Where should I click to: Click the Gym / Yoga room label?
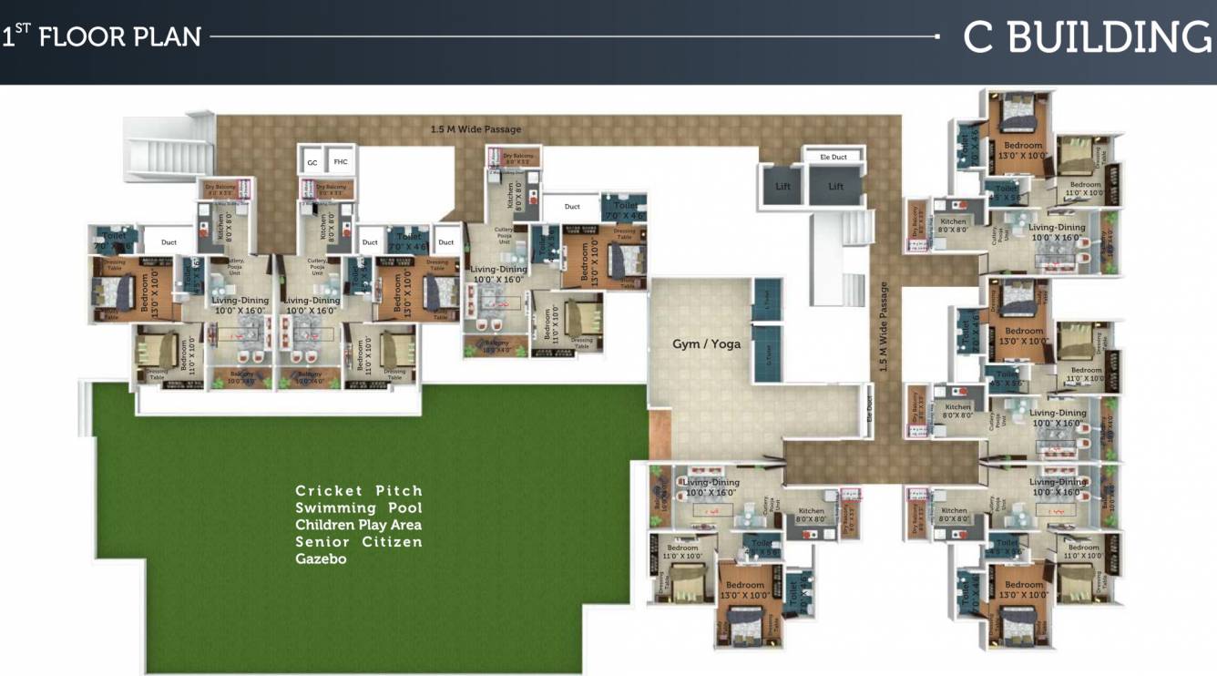(x=706, y=343)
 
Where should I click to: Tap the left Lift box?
(x=782, y=187)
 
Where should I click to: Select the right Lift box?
(x=835, y=187)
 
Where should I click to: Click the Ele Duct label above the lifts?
(x=833, y=157)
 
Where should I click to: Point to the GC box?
(x=312, y=162)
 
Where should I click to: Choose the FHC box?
(x=340, y=162)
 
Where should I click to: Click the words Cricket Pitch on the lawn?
(x=359, y=491)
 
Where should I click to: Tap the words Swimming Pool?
(x=359, y=507)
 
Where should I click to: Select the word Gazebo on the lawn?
(x=321, y=558)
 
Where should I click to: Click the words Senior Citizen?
(x=359, y=542)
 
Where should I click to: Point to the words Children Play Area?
(x=358, y=525)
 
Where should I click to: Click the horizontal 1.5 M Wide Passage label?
(x=476, y=129)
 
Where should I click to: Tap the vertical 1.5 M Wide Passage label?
(x=883, y=327)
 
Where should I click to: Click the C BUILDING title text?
(x=1088, y=37)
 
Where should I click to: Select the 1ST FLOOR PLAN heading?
(x=101, y=36)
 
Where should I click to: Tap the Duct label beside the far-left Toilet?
(x=169, y=242)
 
